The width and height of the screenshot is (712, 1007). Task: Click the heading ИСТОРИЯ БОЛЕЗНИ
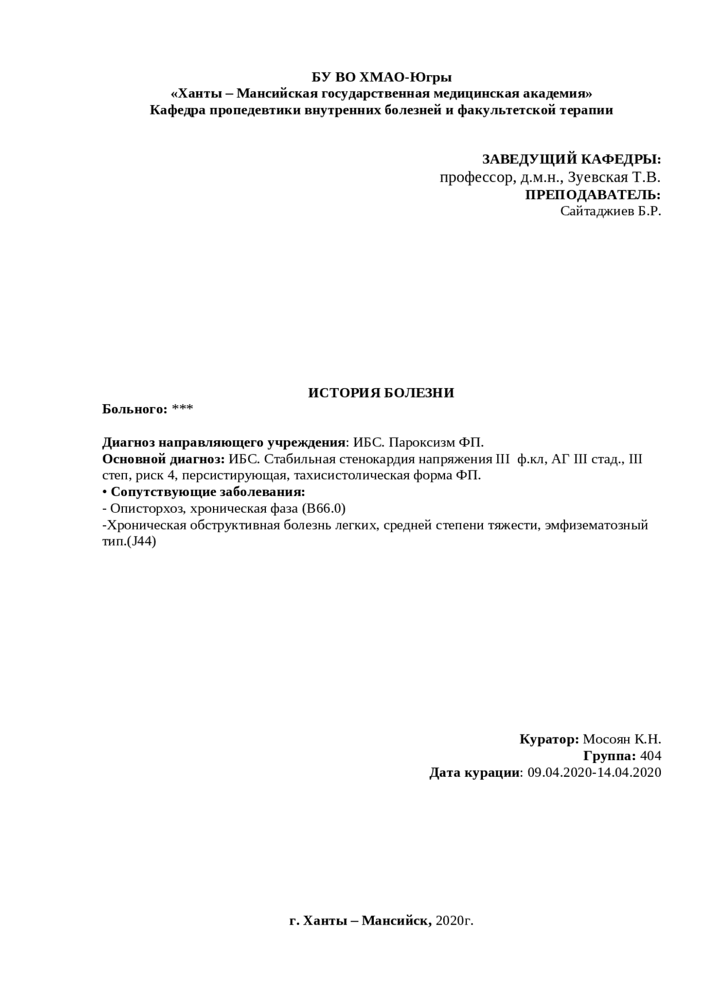(x=381, y=393)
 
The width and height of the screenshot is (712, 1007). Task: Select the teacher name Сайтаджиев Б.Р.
(x=610, y=211)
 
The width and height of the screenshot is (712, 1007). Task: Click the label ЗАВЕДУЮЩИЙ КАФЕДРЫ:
(x=571, y=160)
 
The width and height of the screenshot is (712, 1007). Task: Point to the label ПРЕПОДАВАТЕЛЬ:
(x=593, y=195)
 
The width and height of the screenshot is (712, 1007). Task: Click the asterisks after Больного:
(x=182, y=410)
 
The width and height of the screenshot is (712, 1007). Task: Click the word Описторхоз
(x=146, y=509)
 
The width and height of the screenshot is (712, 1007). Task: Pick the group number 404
(x=650, y=756)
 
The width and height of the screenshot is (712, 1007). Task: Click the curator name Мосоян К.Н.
(x=622, y=740)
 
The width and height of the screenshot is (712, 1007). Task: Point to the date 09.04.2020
(x=560, y=772)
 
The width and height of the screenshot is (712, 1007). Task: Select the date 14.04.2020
(x=629, y=772)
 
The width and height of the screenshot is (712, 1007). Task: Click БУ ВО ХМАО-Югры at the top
(x=381, y=77)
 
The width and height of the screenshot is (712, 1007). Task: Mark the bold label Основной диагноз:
(x=164, y=459)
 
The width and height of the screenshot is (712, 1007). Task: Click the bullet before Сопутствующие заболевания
(x=105, y=492)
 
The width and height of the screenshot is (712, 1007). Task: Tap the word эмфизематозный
(x=597, y=525)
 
